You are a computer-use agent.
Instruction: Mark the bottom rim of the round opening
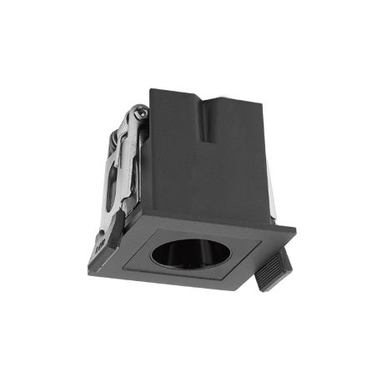click(x=185, y=266)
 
